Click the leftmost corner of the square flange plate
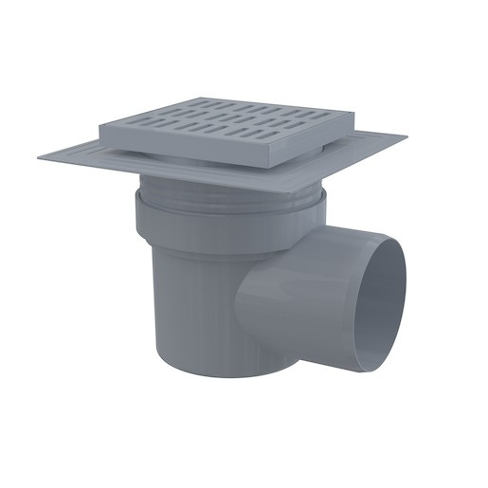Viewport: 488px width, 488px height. tap(40, 158)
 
